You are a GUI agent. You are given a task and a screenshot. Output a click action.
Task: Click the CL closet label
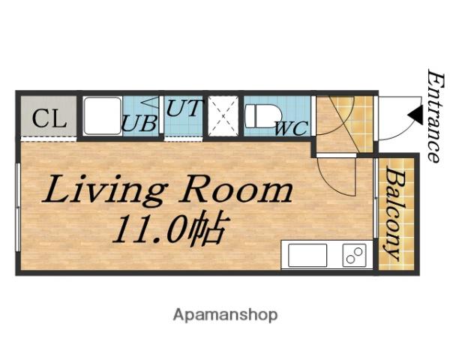tap(49, 118)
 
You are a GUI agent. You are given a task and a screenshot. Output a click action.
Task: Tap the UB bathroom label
tap(139, 123)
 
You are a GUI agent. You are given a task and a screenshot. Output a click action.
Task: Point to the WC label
tap(292, 128)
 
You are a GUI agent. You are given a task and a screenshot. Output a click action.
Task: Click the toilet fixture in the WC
tap(264, 115)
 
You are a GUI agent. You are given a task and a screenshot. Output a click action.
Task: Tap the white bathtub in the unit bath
tap(103, 115)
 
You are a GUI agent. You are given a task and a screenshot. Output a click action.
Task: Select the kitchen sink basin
tap(307, 255)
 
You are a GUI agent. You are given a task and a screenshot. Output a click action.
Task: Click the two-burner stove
tap(355, 255)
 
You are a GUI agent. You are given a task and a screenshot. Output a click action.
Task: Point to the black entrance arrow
tap(415, 115)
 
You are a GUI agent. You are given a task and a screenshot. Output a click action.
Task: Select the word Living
tap(105, 190)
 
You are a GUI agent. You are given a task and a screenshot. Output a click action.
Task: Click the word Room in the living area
tap(236, 189)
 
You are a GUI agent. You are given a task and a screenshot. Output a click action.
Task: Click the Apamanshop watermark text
tap(225, 315)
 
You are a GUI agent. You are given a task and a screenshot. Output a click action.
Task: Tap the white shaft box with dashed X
tap(223, 116)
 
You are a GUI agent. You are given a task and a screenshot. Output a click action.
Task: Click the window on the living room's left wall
tap(18, 207)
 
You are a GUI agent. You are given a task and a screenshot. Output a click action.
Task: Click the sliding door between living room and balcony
tap(376, 198)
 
